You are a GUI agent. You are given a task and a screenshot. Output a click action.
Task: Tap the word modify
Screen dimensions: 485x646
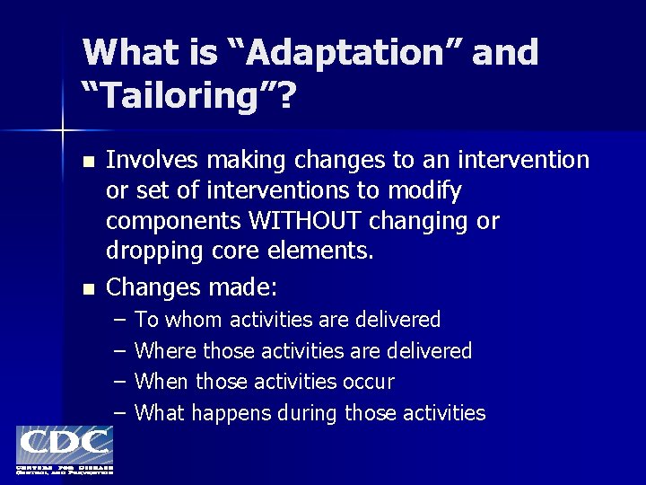pyautogui.click(x=426, y=190)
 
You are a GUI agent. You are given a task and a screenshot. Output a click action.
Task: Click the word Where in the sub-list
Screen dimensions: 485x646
pyautogui.click(x=166, y=350)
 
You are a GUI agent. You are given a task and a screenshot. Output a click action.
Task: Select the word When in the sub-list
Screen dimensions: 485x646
pyautogui.click(x=161, y=382)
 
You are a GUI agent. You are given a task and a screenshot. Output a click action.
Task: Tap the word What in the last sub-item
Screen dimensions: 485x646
pyautogui.click(x=160, y=413)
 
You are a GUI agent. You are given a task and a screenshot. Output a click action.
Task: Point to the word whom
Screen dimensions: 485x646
pyautogui.click(x=194, y=320)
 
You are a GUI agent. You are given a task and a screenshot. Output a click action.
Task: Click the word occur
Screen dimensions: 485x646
pyautogui.click(x=368, y=382)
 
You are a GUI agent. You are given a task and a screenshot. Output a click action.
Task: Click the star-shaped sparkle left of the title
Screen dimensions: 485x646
pyautogui.click(x=62, y=132)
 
